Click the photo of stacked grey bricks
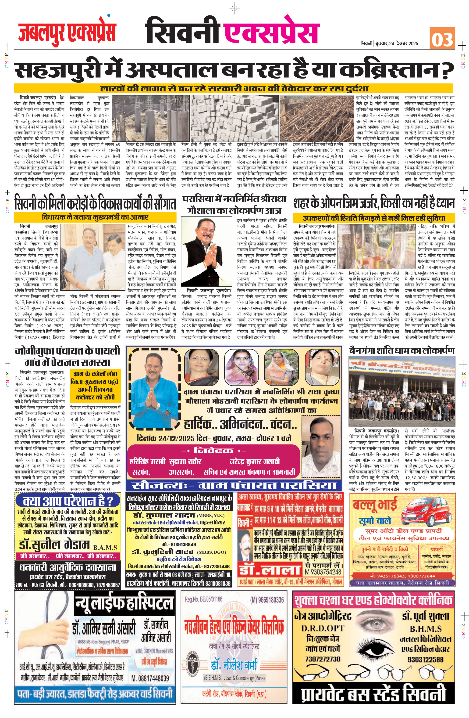235,118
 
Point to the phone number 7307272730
323,659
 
